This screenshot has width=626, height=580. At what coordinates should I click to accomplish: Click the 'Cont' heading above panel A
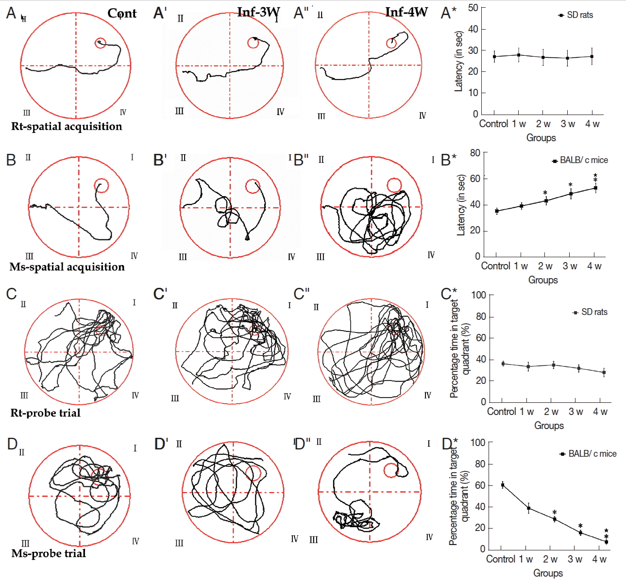point(122,13)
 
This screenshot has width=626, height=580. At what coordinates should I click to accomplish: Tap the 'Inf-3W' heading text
point(258,12)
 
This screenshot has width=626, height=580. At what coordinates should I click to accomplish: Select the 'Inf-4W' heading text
point(406,12)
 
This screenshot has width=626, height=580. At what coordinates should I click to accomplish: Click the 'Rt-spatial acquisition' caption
point(67,126)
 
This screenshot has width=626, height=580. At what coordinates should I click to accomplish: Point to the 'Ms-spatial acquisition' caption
point(67,267)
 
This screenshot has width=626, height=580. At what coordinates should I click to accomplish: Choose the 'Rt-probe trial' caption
point(46,413)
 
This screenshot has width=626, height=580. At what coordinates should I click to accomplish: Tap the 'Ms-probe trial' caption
point(49,553)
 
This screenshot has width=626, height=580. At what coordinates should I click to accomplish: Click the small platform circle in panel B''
point(394,185)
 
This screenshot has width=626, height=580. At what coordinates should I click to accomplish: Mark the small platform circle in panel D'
point(254,473)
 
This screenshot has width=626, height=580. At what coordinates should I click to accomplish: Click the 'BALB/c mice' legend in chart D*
point(589,454)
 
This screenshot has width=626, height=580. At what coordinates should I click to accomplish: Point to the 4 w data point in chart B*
point(595,188)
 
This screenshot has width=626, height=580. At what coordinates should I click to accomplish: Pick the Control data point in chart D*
point(503,485)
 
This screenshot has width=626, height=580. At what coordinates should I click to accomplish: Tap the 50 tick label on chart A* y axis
point(473,8)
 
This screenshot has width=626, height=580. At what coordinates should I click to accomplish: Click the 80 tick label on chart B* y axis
point(475,153)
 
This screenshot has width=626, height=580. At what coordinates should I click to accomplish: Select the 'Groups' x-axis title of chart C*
point(549,426)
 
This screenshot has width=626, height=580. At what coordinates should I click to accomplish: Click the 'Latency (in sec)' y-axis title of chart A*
point(458,61)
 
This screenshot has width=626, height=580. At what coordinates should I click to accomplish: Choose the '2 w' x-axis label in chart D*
point(550,559)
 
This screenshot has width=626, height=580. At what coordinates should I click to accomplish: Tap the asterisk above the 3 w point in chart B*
point(571,185)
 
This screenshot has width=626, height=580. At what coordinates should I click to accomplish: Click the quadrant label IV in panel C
point(135,396)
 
